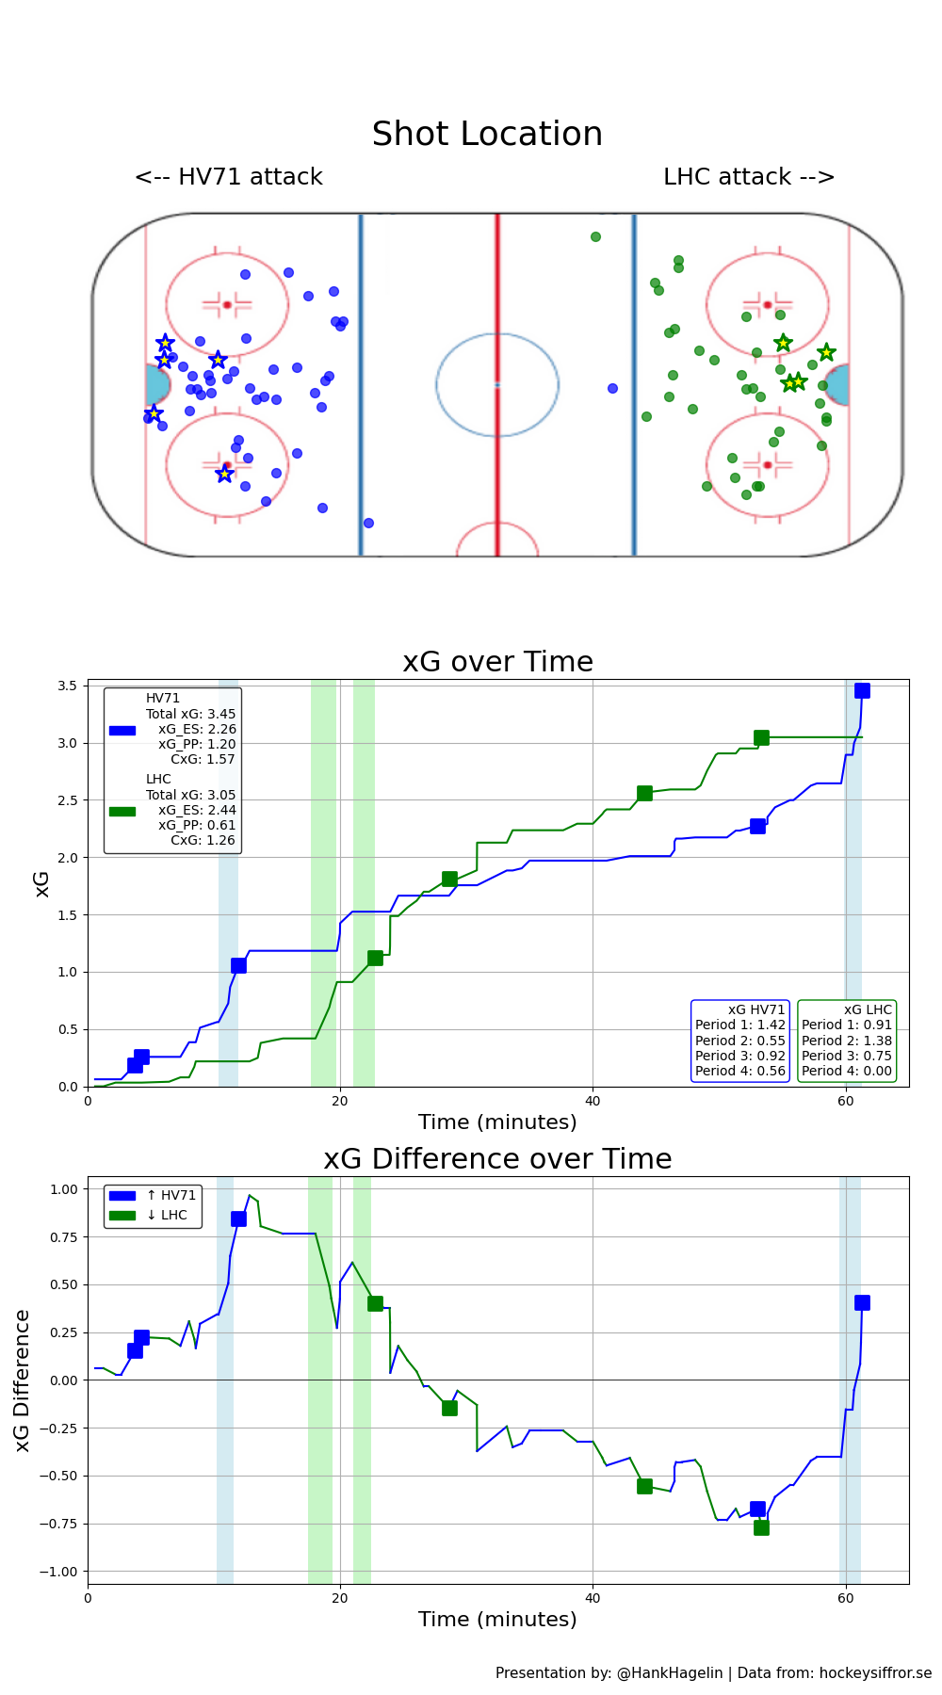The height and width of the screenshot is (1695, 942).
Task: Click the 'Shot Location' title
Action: point(487,134)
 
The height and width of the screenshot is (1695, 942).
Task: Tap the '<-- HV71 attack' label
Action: point(229,177)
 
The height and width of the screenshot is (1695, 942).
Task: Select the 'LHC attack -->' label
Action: point(749,177)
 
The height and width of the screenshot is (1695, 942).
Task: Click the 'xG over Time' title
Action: point(497,662)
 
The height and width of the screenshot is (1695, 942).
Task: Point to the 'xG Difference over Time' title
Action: point(497,1159)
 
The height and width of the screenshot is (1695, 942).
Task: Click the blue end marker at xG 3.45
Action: point(862,690)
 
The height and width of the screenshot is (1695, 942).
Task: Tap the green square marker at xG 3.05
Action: point(761,737)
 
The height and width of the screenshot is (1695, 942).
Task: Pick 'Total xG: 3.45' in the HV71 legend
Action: point(190,714)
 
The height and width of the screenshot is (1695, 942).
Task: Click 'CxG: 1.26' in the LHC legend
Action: point(203,840)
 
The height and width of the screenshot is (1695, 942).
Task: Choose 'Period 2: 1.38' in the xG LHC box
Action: point(846,1041)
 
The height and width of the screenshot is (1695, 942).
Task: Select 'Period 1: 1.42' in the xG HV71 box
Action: point(739,1025)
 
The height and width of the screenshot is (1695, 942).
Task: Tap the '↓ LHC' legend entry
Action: point(167,1215)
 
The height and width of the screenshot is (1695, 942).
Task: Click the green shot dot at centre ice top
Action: point(595,236)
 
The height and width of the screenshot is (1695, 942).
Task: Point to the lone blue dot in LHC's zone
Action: point(612,388)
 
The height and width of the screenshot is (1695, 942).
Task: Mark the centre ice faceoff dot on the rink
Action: point(497,384)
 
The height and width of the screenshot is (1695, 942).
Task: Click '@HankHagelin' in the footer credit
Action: point(669,1672)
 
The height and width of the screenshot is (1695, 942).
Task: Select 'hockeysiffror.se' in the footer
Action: point(875,1672)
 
